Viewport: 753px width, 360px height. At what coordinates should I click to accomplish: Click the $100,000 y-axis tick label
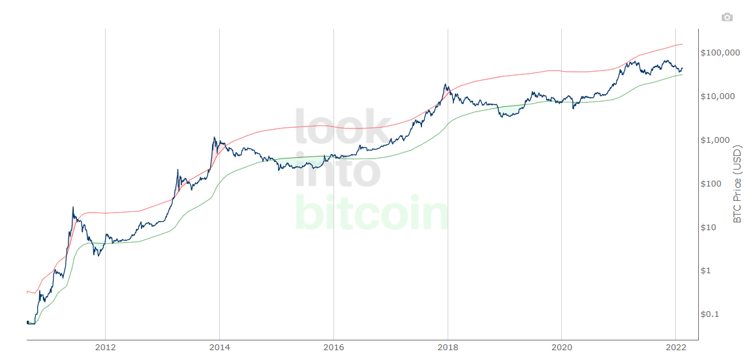(x=720, y=52)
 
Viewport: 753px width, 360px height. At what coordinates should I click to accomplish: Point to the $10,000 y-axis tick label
(x=718, y=96)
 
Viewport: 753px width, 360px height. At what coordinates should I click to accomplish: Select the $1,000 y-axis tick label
(x=716, y=140)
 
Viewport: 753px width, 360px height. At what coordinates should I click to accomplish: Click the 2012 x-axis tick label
(x=105, y=348)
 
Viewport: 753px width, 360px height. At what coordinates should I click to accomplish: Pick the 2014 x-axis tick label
(x=219, y=348)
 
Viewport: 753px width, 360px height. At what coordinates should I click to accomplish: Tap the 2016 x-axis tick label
(x=333, y=348)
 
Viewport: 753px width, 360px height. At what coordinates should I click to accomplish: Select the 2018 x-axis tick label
(x=448, y=348)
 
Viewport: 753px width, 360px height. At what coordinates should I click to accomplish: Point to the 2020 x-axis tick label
(x=562, y=348)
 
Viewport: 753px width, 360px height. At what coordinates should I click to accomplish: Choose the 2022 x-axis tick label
(x=675, y=348)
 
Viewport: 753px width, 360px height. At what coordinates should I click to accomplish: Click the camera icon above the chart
(x=727, y=17)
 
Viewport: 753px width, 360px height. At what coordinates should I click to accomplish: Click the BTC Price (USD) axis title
(x=738, y=184)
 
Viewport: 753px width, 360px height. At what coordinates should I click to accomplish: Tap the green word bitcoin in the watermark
(x=372, y=213)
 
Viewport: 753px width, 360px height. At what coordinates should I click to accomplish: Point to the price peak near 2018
(x=445, y=84)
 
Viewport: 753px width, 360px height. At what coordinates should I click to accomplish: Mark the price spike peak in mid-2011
(x=73, y=207)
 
